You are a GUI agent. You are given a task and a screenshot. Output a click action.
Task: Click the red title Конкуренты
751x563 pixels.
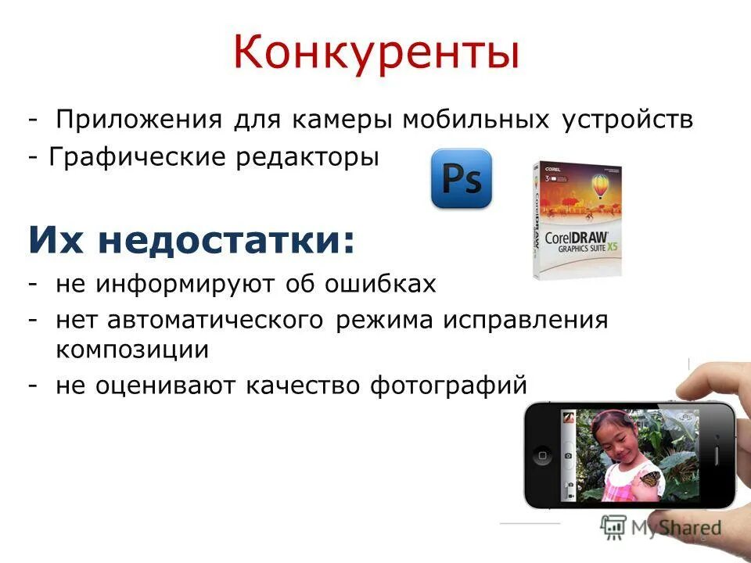tap(376, 53)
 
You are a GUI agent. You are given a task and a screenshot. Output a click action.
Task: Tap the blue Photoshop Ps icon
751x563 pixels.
tap(462, 178)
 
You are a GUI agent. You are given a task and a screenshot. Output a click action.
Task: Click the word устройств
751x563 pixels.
tap(627, 122)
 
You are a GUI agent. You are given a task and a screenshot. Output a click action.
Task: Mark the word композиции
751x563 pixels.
tap(131, 350)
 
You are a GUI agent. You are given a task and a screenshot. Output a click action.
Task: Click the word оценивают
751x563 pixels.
tap(170, 385)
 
